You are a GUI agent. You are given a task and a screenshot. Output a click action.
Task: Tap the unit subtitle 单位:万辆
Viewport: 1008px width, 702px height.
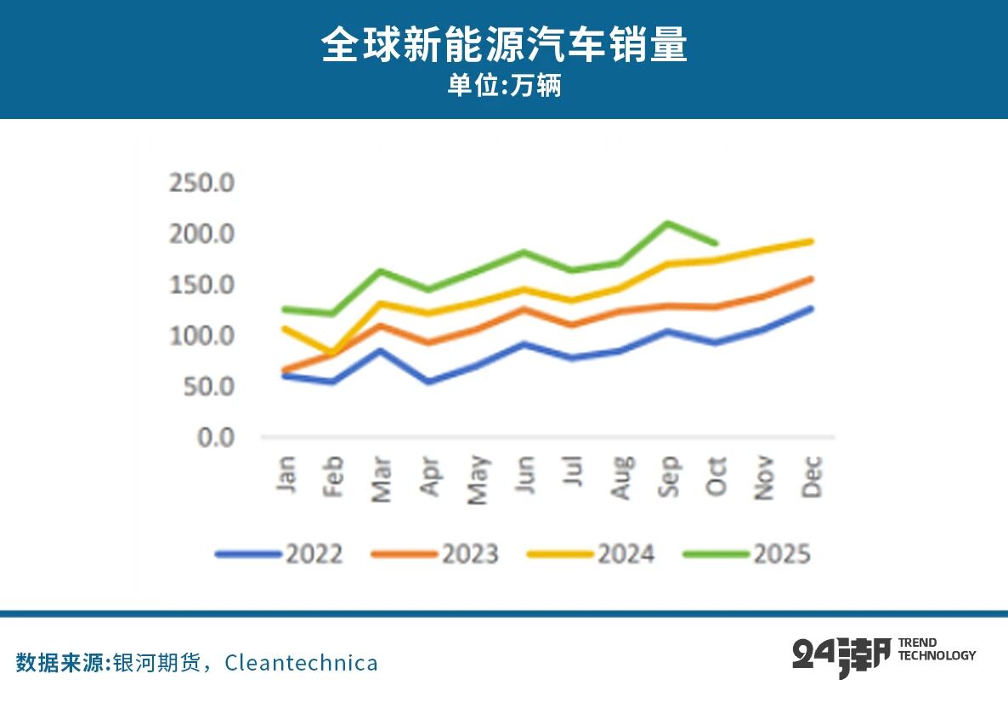pos(504,87)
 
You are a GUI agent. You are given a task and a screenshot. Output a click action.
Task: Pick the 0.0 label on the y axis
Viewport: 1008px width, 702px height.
pos(215,438)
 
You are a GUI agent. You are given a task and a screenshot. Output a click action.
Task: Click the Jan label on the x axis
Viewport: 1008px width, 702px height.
pos(286,476)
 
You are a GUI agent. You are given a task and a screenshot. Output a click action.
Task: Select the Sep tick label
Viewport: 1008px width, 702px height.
pos(670,477)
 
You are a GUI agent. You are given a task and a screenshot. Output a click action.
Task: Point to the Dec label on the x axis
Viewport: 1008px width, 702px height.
pos(813,477)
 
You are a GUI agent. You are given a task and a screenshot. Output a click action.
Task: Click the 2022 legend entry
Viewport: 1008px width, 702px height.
pos(280,554)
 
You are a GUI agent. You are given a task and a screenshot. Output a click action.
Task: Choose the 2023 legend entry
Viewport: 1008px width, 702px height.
pos(436,554)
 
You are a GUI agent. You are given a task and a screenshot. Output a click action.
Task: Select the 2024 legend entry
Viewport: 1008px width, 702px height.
pos(592,554)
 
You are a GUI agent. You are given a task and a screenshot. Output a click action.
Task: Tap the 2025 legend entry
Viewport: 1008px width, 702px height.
pos(748,554)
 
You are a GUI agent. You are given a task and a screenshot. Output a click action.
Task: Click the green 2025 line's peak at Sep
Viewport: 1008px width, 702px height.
pos(669,224)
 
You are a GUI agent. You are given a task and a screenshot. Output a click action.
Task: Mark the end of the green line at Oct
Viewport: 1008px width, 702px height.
pos(716,243)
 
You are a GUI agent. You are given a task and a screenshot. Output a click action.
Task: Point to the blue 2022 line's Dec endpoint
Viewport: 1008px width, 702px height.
pos(812,309)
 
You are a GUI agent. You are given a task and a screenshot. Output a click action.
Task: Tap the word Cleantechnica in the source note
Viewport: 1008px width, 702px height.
pos(301,663)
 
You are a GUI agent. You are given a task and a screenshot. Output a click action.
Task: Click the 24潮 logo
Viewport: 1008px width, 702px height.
pos(841,656)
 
